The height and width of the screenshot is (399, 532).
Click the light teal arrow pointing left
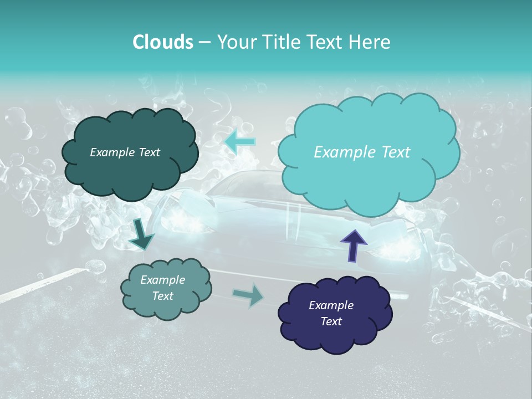(240, 142)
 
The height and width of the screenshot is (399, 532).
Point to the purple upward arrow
(353, 244)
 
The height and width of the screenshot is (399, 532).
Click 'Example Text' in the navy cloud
(331, 313)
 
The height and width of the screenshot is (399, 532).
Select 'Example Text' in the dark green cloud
(125, 152)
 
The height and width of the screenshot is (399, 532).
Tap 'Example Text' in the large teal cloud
(362, 152)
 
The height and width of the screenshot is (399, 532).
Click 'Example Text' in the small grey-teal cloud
(162, 288)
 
